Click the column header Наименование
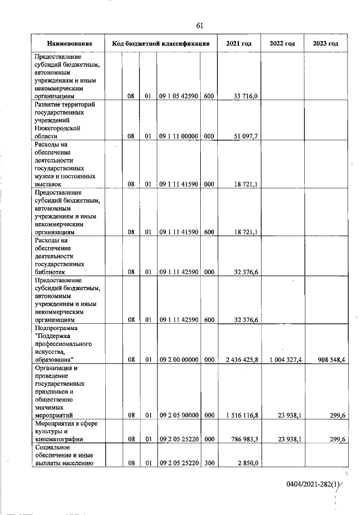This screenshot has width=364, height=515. (68, 44)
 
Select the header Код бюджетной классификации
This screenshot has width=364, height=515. (161, 44)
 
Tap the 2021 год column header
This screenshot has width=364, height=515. (238, 44)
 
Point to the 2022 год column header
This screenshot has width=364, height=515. (282, 44)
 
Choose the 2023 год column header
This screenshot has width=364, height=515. (325, 44)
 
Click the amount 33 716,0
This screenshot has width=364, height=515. (246, 97)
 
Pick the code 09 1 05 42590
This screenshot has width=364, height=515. (179, 97)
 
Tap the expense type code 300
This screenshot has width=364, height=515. (208, 464)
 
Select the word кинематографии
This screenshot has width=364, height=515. (60, 439)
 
